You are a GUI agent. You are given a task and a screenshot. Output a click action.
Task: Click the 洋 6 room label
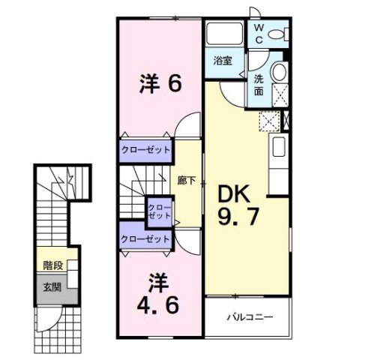160,85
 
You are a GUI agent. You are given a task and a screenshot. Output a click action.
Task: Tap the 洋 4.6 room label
157,294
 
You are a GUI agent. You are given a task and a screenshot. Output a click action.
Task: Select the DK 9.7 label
239,206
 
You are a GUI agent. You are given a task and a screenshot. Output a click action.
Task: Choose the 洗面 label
258,85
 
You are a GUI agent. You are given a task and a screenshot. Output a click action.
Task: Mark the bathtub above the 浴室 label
225,33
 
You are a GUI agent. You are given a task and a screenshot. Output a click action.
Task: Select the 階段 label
53,265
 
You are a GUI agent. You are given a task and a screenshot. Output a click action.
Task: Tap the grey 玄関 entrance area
52,286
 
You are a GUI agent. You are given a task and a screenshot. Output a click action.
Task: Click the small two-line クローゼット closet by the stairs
159,211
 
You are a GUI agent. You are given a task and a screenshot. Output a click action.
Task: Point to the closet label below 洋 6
145,150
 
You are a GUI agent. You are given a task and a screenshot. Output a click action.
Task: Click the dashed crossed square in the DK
268,121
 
